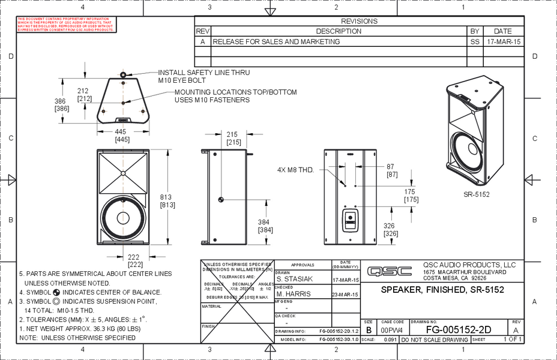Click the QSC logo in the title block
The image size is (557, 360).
[390, 271]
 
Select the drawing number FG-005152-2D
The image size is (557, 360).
[459, 330]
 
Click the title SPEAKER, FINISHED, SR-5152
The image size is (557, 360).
[442, 290]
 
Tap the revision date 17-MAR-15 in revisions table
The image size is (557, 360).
[504, 42]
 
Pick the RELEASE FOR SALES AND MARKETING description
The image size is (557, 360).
[277, 42]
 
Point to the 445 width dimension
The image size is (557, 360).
[121, 131]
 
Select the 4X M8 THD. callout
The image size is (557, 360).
[296, 170]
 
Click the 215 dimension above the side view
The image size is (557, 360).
[233, 134]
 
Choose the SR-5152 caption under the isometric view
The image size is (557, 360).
[477, 194]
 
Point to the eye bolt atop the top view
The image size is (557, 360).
[123, 75]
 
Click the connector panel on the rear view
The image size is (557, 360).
[349, 220]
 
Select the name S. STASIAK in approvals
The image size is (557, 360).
[295, 280]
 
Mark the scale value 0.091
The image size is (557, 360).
[390, 340]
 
